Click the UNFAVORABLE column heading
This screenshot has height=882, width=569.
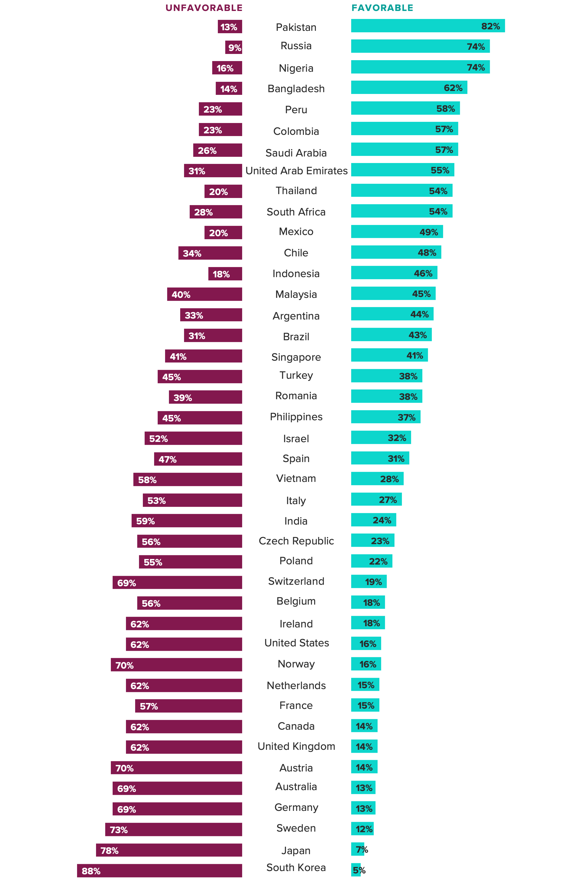tap(204, 8)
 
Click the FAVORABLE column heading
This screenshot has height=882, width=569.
tap(382, 8)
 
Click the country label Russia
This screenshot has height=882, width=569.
tap(296, 46)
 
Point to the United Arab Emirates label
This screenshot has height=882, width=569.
tap(296, 171)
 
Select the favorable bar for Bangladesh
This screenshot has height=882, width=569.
tap(409, 87)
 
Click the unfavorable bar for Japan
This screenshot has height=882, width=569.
tap(169, 850)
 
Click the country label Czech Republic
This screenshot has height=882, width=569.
tap(296, 541)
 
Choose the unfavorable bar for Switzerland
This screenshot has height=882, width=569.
tap(177, 582)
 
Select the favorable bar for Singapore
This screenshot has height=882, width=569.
tap(389, 355)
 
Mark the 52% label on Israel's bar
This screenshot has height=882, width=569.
tap(159, 439)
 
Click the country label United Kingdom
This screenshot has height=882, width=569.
tap(296, 746)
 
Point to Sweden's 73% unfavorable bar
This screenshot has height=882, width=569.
tap(173, 829)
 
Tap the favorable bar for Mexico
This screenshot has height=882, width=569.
tap(397, 232)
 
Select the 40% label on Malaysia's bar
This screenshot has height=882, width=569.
tap(181, 295)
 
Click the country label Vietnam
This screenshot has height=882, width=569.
tap(296, 479)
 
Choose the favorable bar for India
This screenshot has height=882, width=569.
tap(373, 520)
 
